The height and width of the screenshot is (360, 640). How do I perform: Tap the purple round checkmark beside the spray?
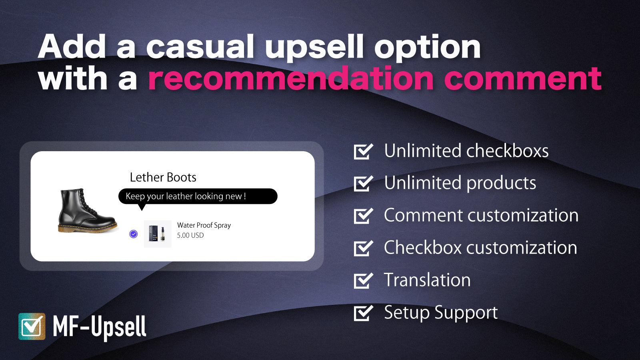(x=134, y=234)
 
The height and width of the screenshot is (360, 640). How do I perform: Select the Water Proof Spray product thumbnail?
(x=158, y=234)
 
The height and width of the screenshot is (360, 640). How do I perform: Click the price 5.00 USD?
(x=190, y=235)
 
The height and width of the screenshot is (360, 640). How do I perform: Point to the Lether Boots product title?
(x=163, y=177)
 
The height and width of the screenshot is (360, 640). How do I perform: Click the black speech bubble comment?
(x=198, y=196)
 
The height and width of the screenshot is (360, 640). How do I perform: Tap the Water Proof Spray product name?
(x=204, y=225)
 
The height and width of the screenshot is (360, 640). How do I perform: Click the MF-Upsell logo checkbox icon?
(x=32, y=326)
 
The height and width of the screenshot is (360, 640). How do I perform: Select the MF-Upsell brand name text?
(x=100, y=327)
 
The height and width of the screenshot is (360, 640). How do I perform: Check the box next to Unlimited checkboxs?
(x=363, y=152)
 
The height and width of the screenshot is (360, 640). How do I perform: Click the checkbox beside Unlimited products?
(x=363, y=184)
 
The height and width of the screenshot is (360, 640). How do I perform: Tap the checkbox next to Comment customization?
(x=363, y=216)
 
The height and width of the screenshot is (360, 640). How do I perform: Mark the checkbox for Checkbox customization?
(x=363, y=248)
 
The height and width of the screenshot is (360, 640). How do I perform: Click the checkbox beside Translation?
(x=363, y=280)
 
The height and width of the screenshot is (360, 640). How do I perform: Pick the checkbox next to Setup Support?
(x=363, y=313)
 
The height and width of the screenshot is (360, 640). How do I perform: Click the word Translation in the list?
(x=427, y=280)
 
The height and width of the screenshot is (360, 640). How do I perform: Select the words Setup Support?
(x=441, y=312)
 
